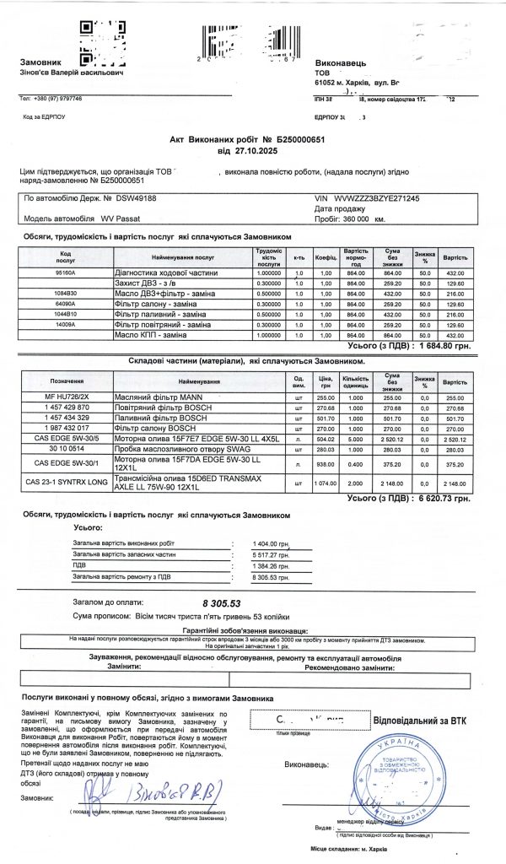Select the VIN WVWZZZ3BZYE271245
(377, 198)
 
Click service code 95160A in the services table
(65, 273)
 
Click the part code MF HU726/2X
(67, 397)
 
